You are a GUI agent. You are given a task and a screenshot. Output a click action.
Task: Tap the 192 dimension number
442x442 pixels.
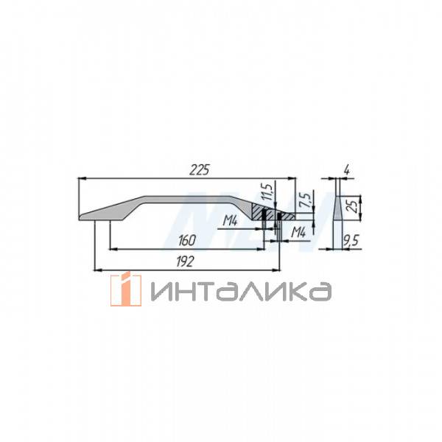(x=189, y=261)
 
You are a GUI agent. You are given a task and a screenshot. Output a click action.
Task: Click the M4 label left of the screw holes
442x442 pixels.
(x=231, y=220)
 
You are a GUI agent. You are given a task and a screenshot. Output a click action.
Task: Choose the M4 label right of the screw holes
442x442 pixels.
(x=299, y=233)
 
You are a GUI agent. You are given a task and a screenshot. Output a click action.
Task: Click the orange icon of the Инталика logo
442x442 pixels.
(x=125, y=290)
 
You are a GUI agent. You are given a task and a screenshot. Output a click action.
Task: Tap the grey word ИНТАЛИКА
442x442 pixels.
(x=239, y=291)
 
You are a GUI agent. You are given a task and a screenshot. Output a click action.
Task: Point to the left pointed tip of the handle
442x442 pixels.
(x=81, y=217)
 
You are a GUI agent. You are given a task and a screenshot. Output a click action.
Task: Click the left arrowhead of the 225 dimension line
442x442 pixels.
(x=81, y=178)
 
